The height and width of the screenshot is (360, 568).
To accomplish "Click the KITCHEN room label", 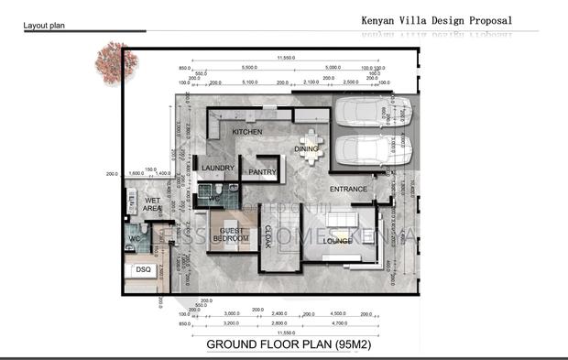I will (246, 133).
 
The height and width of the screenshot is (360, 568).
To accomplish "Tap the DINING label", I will (306, 148).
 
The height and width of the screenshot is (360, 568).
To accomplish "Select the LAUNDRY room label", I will (218, 168).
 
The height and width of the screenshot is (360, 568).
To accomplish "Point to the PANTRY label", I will (263, 171).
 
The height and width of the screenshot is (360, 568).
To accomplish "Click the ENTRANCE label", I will (348, 190).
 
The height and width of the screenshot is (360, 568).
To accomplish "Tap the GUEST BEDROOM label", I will (231, 235).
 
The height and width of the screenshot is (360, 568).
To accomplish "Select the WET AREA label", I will (152, 204).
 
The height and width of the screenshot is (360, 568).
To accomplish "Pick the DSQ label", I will (143, 270).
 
